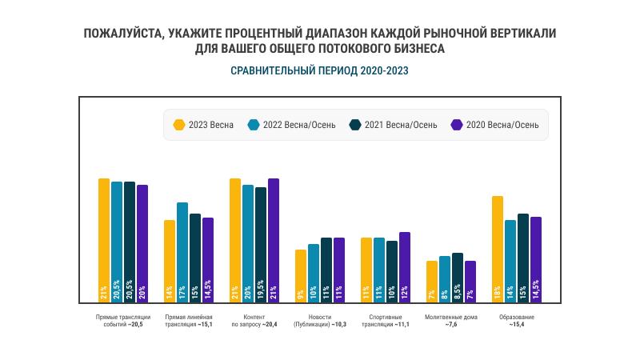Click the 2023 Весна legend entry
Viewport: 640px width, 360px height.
tap(204, 125)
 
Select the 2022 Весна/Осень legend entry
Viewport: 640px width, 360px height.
tap(286, 125)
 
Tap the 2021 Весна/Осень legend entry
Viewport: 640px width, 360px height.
tap(393, 125)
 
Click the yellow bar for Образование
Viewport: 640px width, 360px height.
tap(498, 248)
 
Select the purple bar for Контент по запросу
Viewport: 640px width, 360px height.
tap(274, 240)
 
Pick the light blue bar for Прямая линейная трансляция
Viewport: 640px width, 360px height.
tap(182, 252)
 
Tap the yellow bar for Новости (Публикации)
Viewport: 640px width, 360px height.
tap(301, 275)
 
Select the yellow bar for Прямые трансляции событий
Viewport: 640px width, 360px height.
tap(104, 240)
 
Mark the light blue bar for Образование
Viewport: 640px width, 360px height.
tap(510, 260)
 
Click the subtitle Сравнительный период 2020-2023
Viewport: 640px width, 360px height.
tap(320, 70)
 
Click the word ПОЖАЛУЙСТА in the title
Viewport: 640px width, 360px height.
tap(120, 34)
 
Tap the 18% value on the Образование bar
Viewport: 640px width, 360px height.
tap(498, 293)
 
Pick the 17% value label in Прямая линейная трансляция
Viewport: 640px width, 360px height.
tap(182, 293)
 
